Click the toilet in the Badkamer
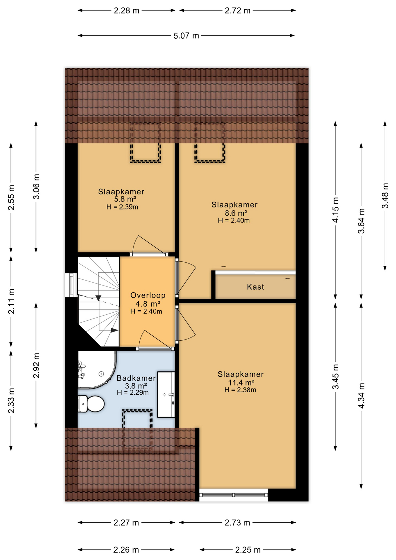pos(92,404)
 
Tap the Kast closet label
pos(255,287)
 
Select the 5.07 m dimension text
pos(186,36)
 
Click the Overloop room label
pos(148,295)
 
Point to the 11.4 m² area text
pos(241,382)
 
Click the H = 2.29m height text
pos(133,393)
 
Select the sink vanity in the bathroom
pos(166,395)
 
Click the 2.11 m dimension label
pos(11,301)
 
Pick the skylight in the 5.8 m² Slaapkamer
pos(145,143)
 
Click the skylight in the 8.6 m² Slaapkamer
pos(210,143)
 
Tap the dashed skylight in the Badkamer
pos(137,429)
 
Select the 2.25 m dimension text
pos(248,550)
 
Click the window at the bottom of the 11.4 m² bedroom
pos(233,495)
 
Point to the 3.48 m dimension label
pos(385,196)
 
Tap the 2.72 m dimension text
pos(237,11)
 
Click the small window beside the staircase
pos(71,285)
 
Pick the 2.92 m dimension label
pos(36,365)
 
